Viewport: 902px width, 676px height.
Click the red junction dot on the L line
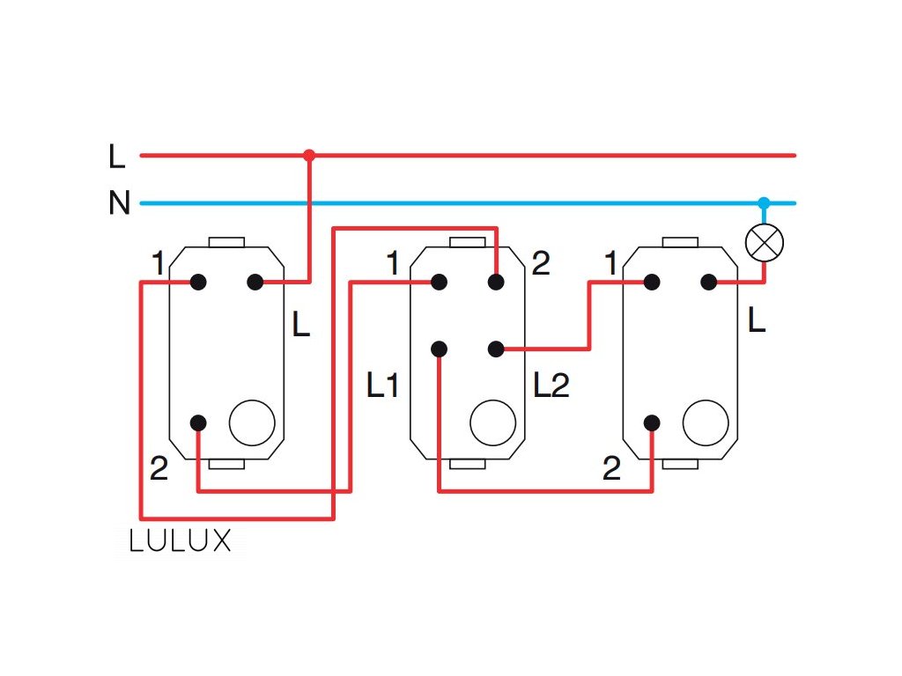coord(309,155)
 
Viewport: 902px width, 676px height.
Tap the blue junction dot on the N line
coord(764,203)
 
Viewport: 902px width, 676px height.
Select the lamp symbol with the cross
coord(764,243)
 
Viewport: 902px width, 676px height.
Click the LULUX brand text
coord(180,541)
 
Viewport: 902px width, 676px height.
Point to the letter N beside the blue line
coord(120,202)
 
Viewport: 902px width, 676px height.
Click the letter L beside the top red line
coord(117,156)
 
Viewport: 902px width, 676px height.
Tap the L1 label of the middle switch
coord(382,386)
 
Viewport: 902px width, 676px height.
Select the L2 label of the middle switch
coord(551,386)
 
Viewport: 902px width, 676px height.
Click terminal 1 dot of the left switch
coord(198,283)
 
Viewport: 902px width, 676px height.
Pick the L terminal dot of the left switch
coord(255,283)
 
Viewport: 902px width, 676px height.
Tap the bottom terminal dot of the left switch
coord(198,423)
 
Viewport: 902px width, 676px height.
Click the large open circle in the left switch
coord(252,422)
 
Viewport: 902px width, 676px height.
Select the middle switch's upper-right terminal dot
coord(496,283)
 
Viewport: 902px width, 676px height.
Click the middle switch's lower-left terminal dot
coord(439,349)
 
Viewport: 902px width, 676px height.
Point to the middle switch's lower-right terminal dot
coord(496,349)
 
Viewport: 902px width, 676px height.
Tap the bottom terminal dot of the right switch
coord(652,423)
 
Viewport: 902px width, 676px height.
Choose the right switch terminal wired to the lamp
coord(709,283)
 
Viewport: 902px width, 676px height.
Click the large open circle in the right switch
coord(706,422)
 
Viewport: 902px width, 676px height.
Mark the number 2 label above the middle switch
coord(541,263)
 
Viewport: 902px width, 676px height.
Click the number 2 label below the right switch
coord(611,468)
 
